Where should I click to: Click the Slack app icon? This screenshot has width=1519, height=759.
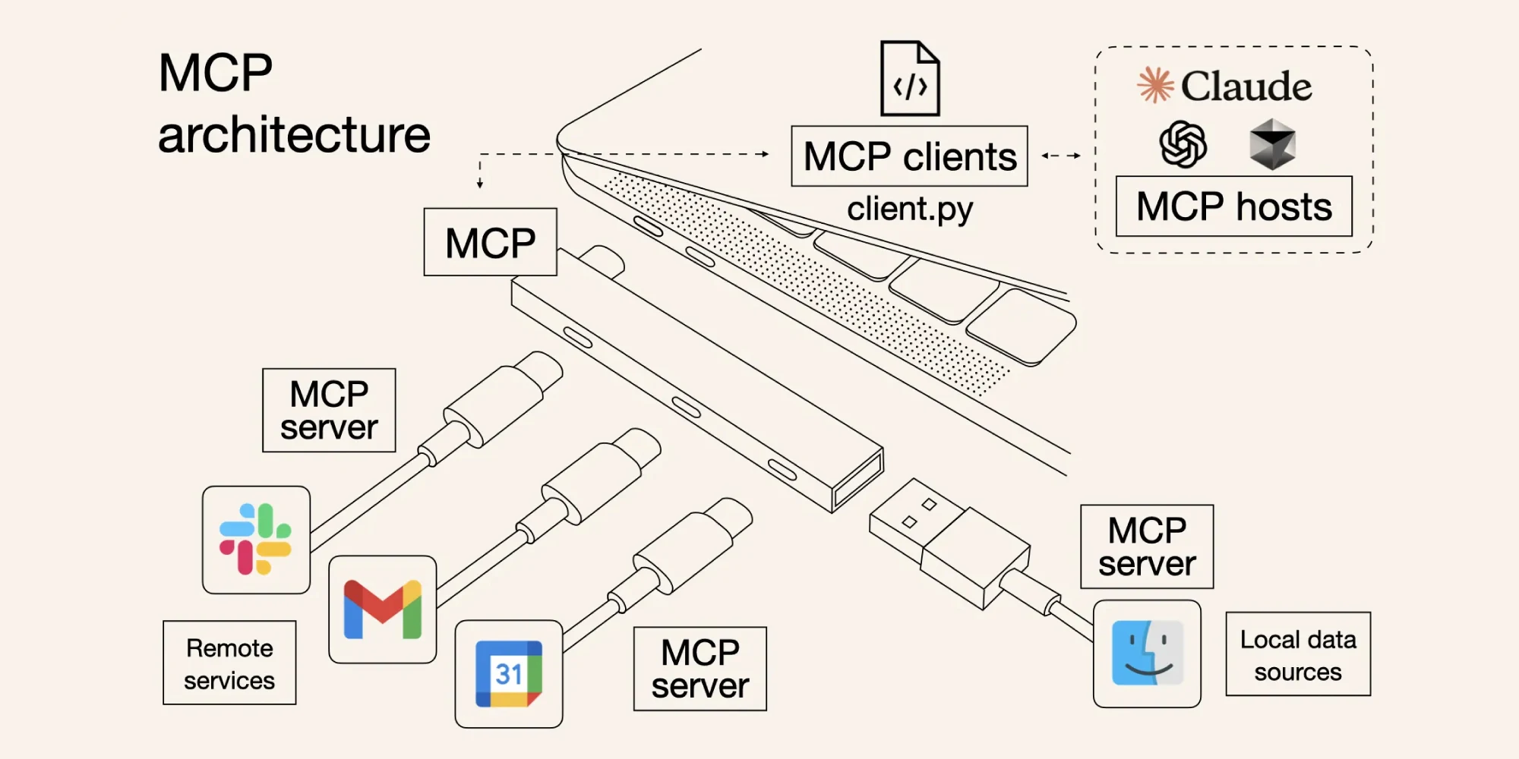pos(256,540)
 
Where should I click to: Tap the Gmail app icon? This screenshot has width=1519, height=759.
pos(383,609)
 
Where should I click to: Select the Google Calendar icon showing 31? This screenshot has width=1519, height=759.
pos(509,674)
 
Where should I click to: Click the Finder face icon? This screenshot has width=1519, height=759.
pos(1147,653)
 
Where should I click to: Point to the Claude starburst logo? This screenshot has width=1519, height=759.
pos(1155,84)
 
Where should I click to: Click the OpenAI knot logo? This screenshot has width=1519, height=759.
pos(1183,144)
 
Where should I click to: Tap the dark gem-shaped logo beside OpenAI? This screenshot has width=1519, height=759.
pos(1272,144)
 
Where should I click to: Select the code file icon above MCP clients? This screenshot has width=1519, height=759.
pos(910,79)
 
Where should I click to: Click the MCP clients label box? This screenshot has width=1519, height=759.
pos(909,156)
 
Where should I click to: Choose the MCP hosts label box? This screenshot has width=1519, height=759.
pos(1233,206)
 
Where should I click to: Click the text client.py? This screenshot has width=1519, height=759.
pos(909,209)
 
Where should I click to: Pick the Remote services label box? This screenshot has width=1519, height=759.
pos(229,663)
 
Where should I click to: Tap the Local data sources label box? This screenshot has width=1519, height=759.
pos(1298,654)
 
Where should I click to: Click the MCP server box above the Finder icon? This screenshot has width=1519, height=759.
pos(1147,546)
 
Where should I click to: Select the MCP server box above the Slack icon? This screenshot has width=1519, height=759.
pos(329,411)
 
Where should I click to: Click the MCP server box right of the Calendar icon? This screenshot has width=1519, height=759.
pos(699,669)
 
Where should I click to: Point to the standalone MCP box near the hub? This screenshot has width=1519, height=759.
pos(490,242)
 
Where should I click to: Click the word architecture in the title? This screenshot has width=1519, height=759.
pos(294,135)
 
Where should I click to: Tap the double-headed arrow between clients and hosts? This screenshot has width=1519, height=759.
pos(1061,156)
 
